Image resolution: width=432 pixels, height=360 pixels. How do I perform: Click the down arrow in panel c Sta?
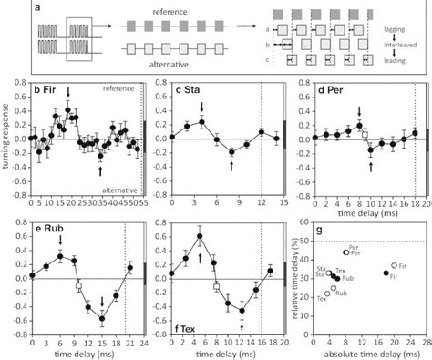pyautogui.click(x=201, y=107)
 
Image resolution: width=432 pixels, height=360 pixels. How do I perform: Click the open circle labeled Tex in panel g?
pyautogui.click(x=329, y=288)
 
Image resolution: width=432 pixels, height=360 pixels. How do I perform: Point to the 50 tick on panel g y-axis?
pyautogui.click(x=305, y=242)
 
